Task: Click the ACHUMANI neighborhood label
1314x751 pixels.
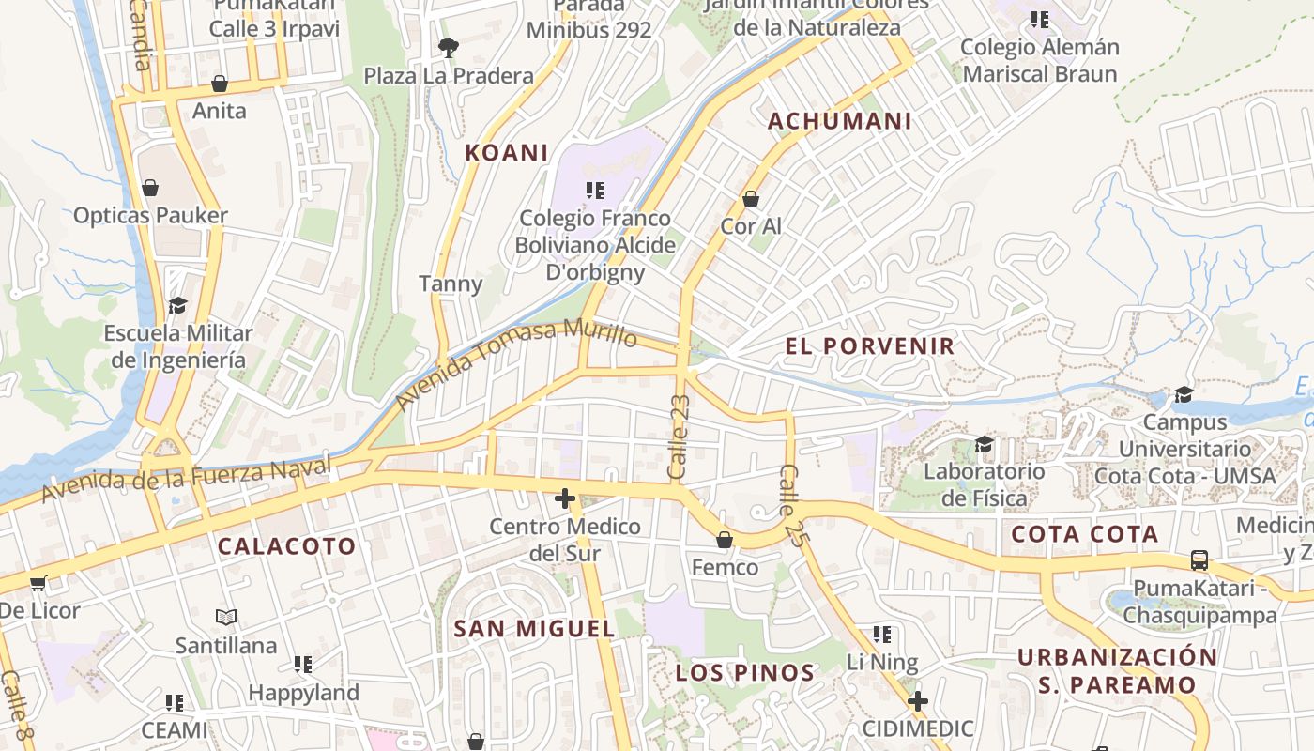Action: coord(840,121)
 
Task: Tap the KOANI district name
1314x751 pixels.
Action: coord(507,153)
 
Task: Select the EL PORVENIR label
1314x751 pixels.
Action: coord(870,346)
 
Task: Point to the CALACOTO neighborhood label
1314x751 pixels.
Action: coord(287,546)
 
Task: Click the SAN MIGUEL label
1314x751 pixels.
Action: coord(534,629)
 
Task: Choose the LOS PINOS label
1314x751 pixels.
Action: coord(745,673)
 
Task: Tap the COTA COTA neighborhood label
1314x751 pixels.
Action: coord(1085,535)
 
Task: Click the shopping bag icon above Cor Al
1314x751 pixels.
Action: coord(751,199)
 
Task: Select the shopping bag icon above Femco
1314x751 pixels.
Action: coord(725,540)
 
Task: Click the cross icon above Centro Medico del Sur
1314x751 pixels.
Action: coord(564,498)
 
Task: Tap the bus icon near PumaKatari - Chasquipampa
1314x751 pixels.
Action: coord(1199,560)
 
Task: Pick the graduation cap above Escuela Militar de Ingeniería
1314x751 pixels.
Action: coord(177,305)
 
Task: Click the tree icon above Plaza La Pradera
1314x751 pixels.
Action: coord(449,47)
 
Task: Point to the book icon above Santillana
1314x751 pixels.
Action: coord(226,618)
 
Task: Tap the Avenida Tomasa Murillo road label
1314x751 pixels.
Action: coord(516,366)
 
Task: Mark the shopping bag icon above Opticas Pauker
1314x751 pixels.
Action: coord(150,188)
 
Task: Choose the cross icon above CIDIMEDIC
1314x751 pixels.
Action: coord(918,701)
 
